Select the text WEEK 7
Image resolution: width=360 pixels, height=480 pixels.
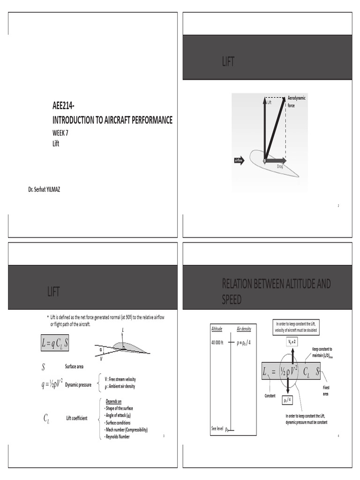click(62, 133)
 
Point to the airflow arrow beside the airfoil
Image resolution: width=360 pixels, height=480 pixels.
click(239, 160)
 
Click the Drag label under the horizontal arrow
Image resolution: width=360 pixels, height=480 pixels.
click(279, 166)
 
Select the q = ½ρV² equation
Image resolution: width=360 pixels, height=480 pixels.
click(52, 385)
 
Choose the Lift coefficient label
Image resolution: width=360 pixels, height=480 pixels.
click(77, 418)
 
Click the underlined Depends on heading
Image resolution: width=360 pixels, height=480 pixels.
click(114, 402)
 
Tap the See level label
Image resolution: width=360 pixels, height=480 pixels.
click(217, 428)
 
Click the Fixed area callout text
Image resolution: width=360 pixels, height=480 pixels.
click(326, 391)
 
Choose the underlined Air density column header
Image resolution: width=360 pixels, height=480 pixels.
click(244, 329)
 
